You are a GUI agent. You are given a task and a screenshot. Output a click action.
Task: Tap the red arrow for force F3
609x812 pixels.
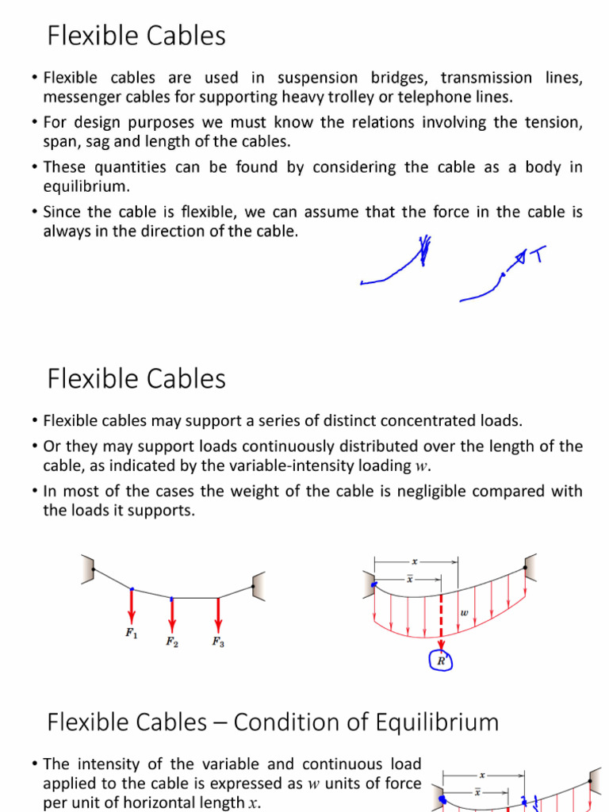218,615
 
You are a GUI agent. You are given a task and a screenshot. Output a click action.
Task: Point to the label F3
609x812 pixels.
218,642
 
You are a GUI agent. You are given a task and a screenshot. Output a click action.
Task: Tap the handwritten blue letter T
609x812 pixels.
537,255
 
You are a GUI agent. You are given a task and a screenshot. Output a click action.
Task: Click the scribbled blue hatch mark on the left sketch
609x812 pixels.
427,249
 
